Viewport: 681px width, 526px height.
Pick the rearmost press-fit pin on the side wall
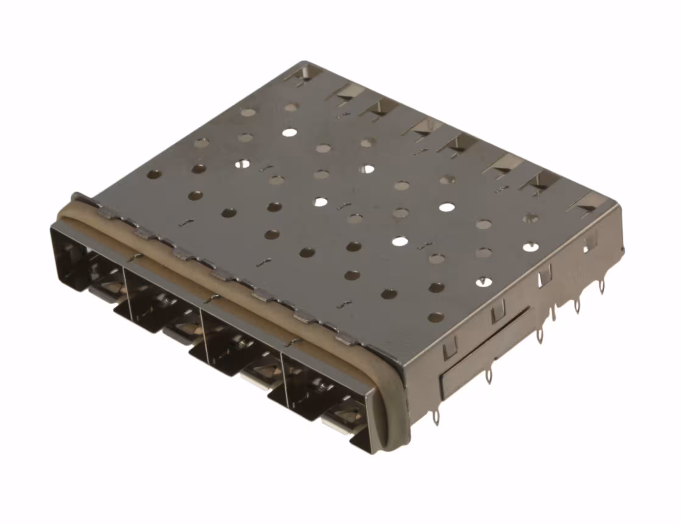(x=602, y=287)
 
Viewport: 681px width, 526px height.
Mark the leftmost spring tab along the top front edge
(x=106, y=212)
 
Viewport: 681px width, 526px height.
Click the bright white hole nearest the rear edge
(x=290, y=132)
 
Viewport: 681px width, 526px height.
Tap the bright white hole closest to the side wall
(x=531, y=247)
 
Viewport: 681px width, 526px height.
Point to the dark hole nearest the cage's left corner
(x=154, y=174)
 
